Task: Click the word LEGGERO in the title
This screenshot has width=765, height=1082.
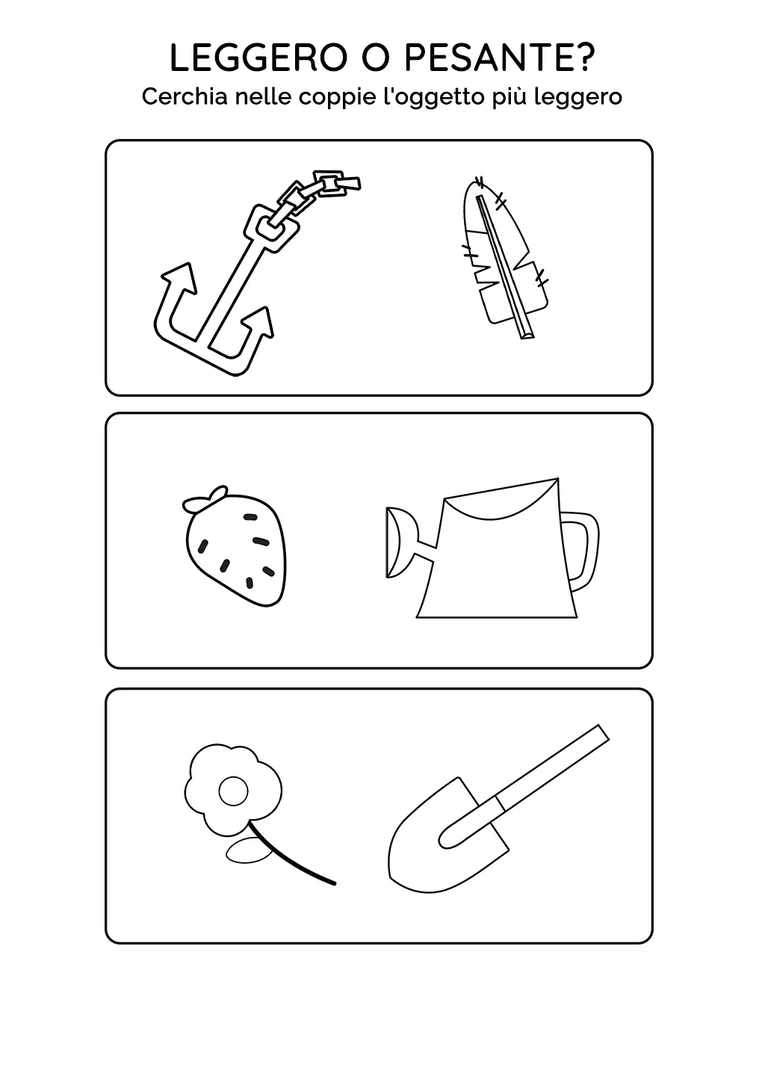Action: (x=258, y=58)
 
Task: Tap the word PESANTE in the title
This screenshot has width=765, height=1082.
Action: (x=489, y=58)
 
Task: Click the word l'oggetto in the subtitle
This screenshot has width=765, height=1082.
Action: (x=435, y=98)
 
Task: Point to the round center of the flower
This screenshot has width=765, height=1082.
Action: (x=233, y=791)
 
